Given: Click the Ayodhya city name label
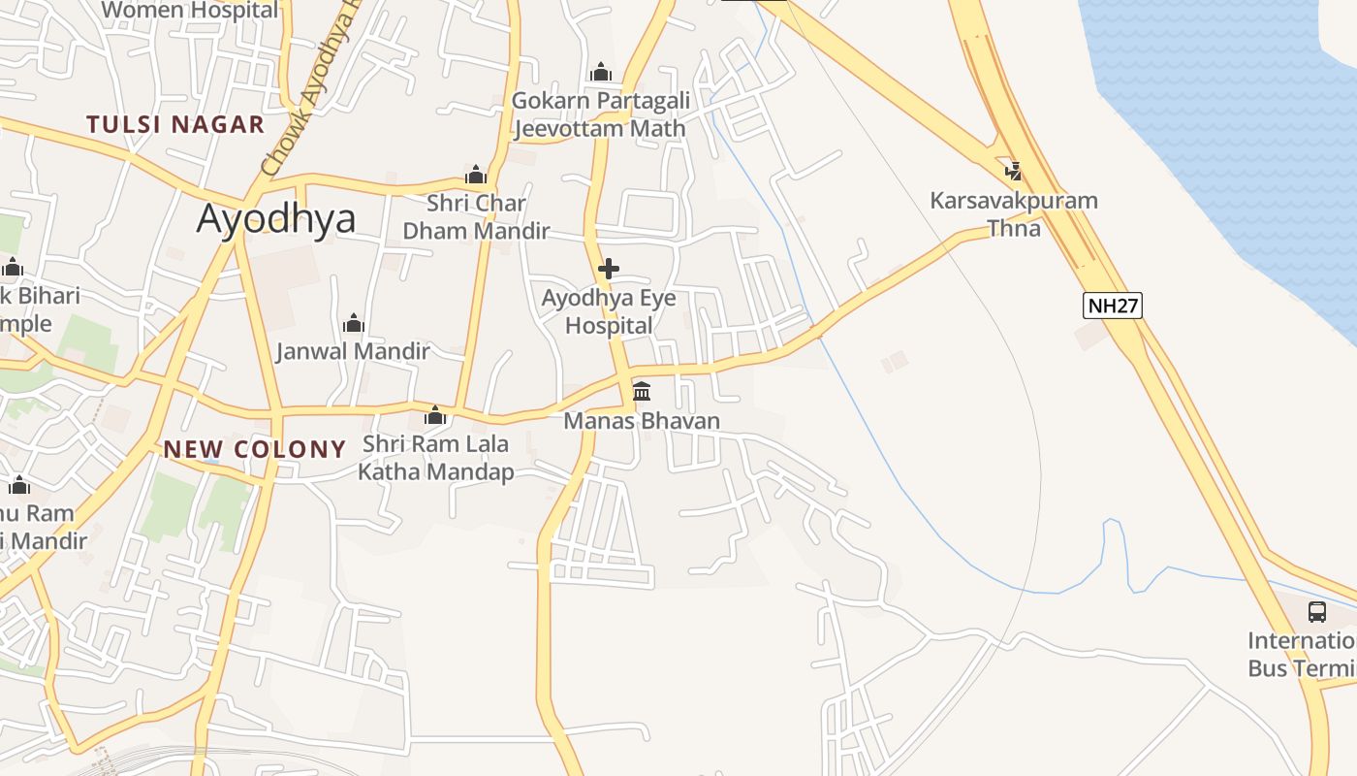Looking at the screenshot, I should click(x=276, y=219).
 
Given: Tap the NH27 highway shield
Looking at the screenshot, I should click(x=1113, y=306).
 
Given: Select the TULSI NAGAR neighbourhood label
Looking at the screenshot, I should click(x=175, y=124).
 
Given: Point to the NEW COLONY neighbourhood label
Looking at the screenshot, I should click(x=255, y=449).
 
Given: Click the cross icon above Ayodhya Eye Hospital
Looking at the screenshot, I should click(x=609, y=269).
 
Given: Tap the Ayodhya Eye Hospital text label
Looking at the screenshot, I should click(x=609, y=311).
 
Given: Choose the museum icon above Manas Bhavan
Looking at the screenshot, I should click(x=642, y=392).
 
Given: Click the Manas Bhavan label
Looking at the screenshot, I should click(x=642, y=421).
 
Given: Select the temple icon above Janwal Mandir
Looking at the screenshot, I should click(x=354, y=323).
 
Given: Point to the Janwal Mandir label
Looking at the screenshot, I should click(x=353, y=351).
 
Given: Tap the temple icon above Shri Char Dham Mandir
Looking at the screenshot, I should click(x=476, y=175).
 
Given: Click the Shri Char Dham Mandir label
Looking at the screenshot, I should click(x=476, y=217).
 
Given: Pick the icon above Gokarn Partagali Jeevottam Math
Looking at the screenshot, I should click(x=601, y=73).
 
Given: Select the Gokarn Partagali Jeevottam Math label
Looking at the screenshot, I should click(x=601, y=114).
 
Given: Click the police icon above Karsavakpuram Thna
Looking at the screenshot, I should click(x=1014, y=172).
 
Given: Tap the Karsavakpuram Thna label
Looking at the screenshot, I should click(x=1014, y=214).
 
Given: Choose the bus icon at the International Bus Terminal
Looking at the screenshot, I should click(x=1316, y=612).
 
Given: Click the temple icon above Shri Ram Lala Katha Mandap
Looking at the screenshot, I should click(x=436, y=416).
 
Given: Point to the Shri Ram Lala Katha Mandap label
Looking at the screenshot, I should click(x=436, y=459).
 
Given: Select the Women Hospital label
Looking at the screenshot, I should click(x=189, y=11).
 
